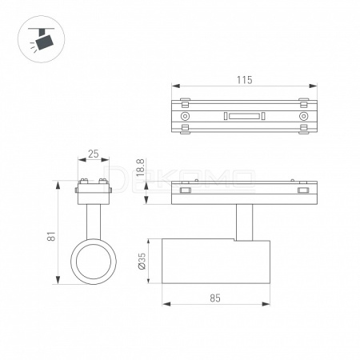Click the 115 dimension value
click(244, 80)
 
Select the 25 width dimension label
click(94, 154)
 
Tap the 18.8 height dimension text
click(140, 167)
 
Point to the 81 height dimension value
click(51, 236)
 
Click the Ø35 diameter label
click(142, 261)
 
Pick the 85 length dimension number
click(215, 298)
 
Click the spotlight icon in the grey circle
click(42, 39)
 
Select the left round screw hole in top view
click(185, 116)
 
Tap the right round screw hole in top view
click(303, 116)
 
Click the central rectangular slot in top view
click(244, 116)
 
